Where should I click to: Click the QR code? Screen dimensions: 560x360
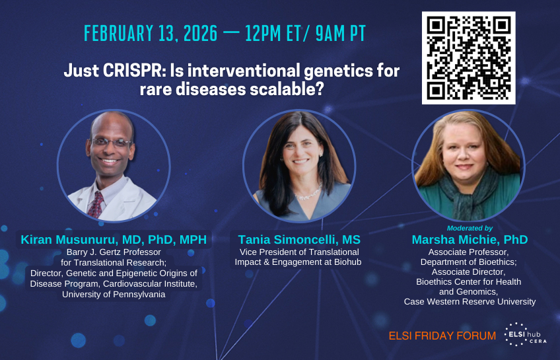pyautogui.click(x=469, y=58)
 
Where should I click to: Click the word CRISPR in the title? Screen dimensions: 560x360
pyautogui.click(x=133, y=71)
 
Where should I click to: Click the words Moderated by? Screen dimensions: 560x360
pyautogui.click(x=470, y=228)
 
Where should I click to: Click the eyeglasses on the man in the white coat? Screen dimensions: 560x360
pyautogui.click(x=111, y=143)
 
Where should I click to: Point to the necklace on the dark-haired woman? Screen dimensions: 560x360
pyautogui.click(x=308, y=194)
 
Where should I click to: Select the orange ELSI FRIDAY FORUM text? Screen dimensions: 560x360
pyautogui.click(x=442, y=336)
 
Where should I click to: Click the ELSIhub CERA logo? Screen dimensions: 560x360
pyautogui.click(x=525, y=335)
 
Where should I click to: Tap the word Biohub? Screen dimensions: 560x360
pyautogui.click(x=347, y=262)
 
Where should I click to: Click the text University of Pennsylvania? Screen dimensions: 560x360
pyautogui.click(x=114, y=295)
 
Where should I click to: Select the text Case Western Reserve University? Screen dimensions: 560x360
pyautogui.click(x=470, y=302)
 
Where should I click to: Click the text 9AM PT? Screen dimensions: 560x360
pyautogui.click(x=340, y=34)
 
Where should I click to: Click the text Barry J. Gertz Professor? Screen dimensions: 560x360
pyautogui.click(x=114, y=252)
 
